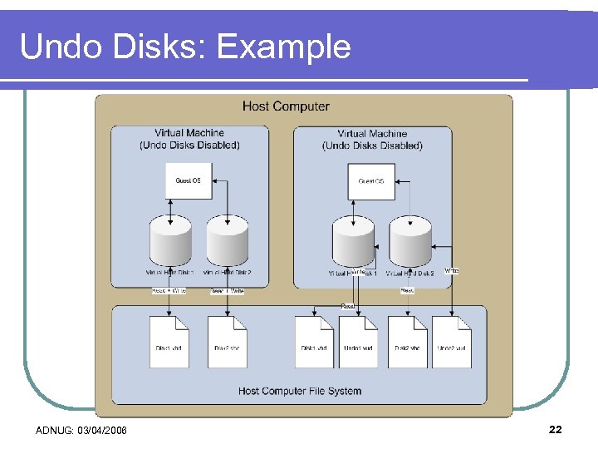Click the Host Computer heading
pyautogui.click(x=286, y=106)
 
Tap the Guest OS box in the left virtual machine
pyautogui.click(x=189, y=180)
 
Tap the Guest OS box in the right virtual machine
pyautogui.click(x=370, y=181)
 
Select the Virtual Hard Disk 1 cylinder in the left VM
pyautogui.click(x=170, y=241)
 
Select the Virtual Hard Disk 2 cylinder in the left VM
pyautogui.click(x=227, y=241)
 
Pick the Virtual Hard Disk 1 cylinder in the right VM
pyautogui.click(x=353, y=242)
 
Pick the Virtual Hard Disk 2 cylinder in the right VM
pyautogui.click(x=410, y=242)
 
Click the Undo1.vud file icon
pyautogui.click(x=358, y=342)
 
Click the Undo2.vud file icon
pyautogui.click(x=451, y=342)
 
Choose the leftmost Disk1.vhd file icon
pyautogui.click(x=169, y=342)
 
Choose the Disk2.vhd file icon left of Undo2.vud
pyautogui.click(x=407, y=342)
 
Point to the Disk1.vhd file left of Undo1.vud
pyautogui.click(x=314, y=342)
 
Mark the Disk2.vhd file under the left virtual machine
pyautogui.click(x=227, y=342)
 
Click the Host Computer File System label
pyautogui.click(x=300, y=391)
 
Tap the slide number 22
pyautogui.click(x=556, y=429)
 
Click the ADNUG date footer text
pyautogui.click(x=81, y=430)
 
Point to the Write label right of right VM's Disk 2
pyautogui.click(x=451, y=271)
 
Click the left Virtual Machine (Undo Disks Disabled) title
pyautogui.click(x=189, y=139)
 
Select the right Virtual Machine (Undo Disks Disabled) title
pyautogui.click(x=372, y=140)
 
